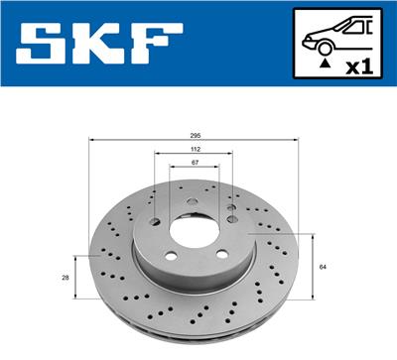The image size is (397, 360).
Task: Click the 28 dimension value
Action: tap(66, 279)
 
